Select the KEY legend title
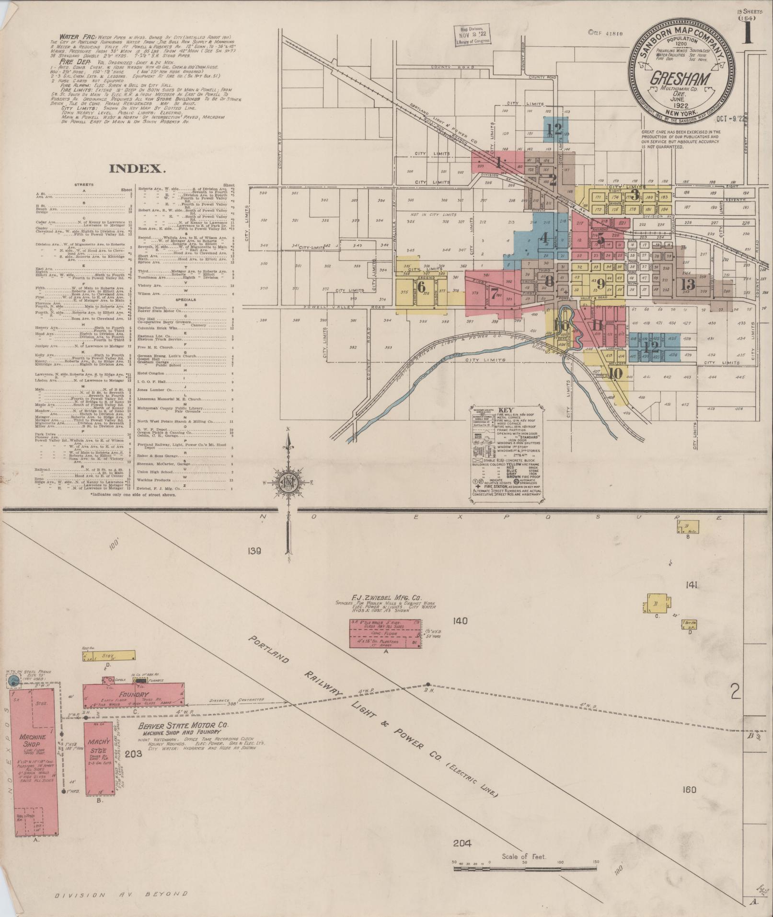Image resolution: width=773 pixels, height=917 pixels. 506,410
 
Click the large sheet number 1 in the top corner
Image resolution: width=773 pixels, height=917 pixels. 748,36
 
